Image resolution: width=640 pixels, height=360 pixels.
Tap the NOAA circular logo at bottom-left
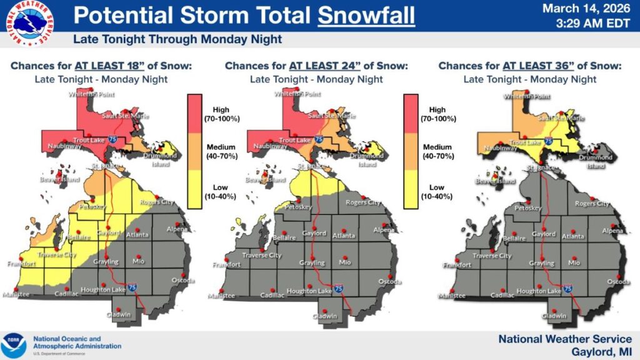pos(14,344)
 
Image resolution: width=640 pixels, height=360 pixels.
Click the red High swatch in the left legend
pos(196,113)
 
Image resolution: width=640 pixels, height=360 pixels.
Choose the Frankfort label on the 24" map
pos(226,265)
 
